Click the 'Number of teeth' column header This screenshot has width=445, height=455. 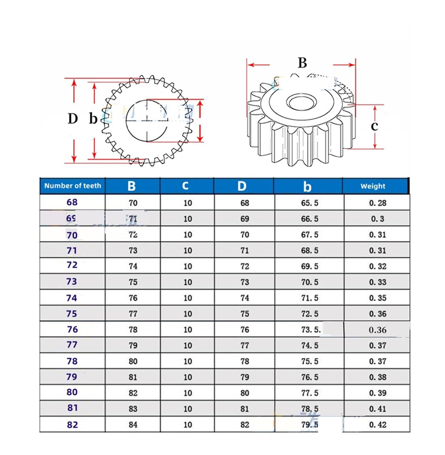(x=72, y=186)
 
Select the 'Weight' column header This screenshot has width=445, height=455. (x=373, y=186)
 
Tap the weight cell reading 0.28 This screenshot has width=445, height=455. (x=377, y=203)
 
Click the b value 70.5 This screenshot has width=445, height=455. (x=309, y=282)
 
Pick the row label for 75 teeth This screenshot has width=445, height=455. (x=72, y=314)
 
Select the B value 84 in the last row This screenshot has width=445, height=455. (x=133, y=425)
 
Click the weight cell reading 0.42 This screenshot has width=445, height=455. (x=377, y=425)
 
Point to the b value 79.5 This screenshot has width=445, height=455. (x=309, y=425)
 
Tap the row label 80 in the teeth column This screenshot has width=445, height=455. (x=72, y=392)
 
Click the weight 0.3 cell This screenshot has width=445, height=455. (x=377, y=219)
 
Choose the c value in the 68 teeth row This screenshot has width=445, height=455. (x=188, y=203)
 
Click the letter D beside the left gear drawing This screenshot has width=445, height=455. (x=73, y=119)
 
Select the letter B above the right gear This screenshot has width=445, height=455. (x=302, y=63)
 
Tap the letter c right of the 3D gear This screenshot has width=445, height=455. (x=374, y=126)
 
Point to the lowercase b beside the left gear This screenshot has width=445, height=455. (x=93, y=119)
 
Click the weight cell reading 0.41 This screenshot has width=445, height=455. (x=377, y=409)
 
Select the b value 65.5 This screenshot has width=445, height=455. (x=309, y=203)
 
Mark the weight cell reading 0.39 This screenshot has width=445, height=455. (x=377, y=393)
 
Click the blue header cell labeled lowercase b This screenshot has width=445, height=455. (x=307, y=186)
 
